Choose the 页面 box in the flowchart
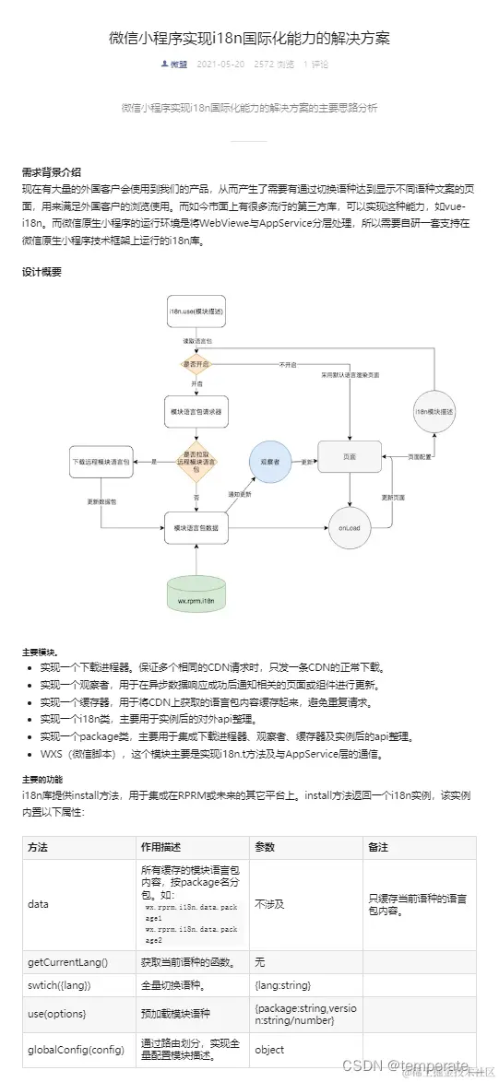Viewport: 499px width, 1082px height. (x=350, y=457)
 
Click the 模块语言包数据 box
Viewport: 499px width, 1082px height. (x=196, y=527)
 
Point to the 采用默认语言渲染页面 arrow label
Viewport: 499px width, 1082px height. (x=350, y=375)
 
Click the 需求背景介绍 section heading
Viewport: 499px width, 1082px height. (x=52, y=171)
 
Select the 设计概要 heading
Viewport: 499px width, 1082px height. (x=42, y=272)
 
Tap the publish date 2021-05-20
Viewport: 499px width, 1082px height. (x=221, y=65)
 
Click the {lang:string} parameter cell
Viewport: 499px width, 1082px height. (x=285, y=985)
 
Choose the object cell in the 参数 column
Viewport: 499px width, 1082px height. (x=270, y=1049)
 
